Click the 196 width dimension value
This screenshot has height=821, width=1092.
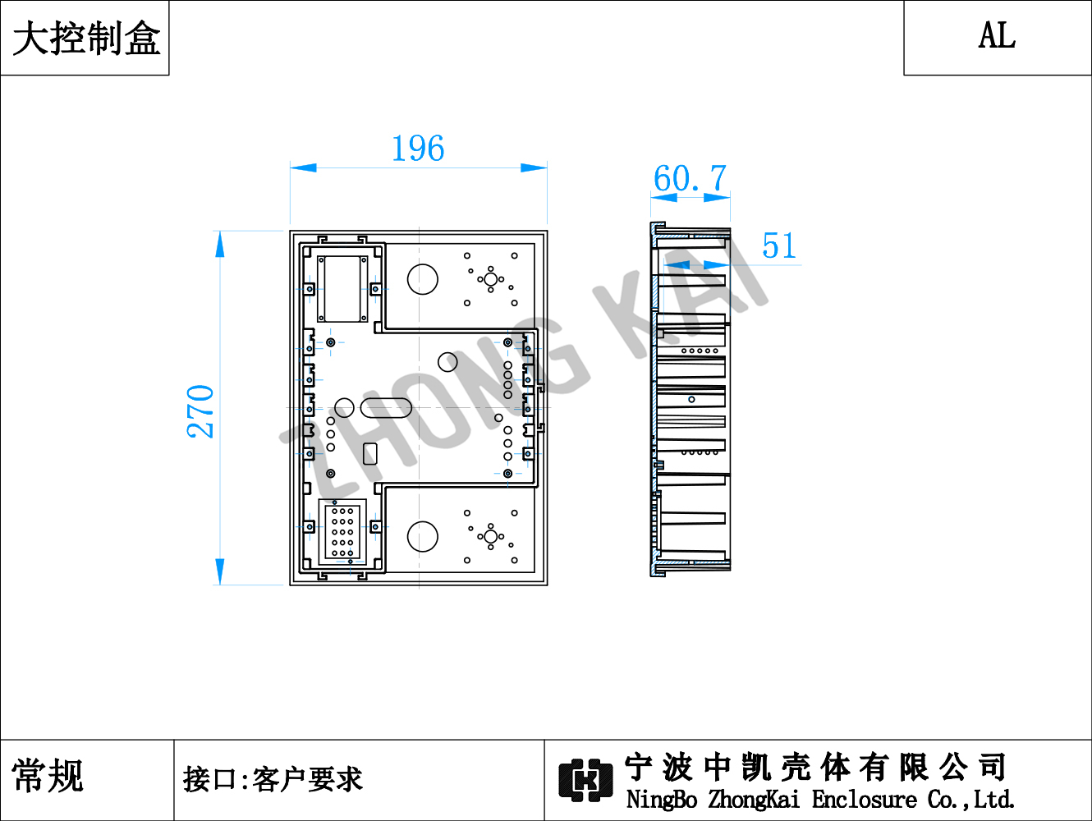tap(418, 148)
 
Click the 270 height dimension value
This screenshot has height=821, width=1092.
tap(200, 411)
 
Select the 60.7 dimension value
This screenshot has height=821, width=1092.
tap(690, 178)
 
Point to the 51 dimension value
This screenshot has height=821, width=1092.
tap(779, 245)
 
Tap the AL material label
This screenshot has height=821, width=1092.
tap(997, 35)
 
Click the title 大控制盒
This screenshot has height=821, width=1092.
tap(86, 39)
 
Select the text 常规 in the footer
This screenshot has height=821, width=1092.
tap(48, 775)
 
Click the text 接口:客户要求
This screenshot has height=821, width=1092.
tap(273, 779)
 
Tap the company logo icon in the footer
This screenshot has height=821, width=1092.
tap(585, 780)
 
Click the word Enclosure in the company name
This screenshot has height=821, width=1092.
tap(864, 800)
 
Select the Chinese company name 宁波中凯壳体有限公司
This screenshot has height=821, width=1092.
tap(815, 768)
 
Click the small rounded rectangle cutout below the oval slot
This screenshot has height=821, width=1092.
tap(369, 453)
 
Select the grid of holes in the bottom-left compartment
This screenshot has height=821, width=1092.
tap(342, 531)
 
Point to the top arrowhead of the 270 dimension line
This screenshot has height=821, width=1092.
tap(220, 244)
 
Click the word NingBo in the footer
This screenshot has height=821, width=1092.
tap(662, 800)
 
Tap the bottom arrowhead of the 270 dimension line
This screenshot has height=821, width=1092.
tap(220, 572)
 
